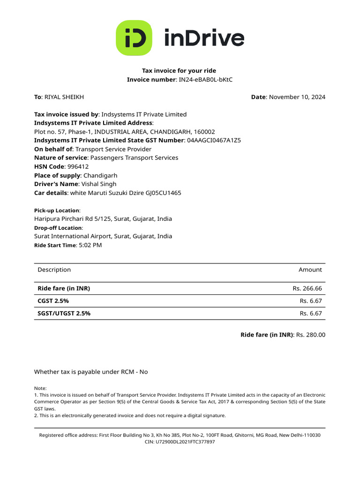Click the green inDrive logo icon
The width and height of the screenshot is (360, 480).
[x=134, y=38]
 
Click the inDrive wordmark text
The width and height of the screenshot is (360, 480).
[x=204, y=38]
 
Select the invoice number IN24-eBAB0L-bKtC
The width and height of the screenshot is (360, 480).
[x=206, y=80]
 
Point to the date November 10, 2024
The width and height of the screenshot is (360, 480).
[x=297, y=97]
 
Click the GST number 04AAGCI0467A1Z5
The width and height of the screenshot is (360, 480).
[x=214, y=140]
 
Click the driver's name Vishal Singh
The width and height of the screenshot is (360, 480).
[x=99, y=184]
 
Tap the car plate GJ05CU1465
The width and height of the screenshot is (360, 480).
[x=162, y=193]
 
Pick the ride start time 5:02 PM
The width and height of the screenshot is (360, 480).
[x=90, y=245]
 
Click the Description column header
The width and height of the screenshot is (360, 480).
[x=54, y=270]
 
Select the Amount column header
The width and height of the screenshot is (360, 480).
[x=310, y=270]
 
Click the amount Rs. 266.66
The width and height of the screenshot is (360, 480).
[x=307, y=288]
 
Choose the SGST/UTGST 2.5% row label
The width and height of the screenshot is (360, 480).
[x=64, y=313]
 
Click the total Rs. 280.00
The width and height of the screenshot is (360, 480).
[x=311, y=335]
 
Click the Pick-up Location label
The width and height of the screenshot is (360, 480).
[x=56, y=210]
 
